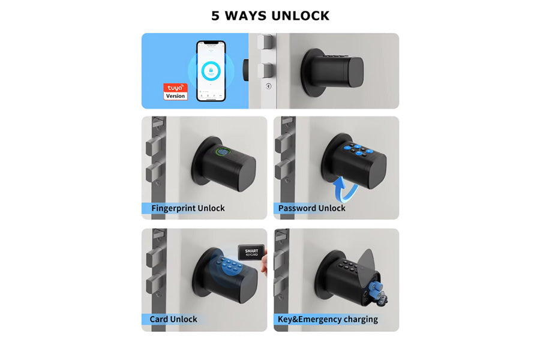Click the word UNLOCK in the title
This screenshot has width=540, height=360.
(x=301, y=16)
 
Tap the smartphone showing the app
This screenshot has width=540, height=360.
(x=211, y=71)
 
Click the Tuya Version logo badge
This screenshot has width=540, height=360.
(x=176, y=91)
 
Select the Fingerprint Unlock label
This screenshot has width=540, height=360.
(x=188, y=208)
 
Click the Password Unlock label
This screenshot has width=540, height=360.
(x=311, y=208)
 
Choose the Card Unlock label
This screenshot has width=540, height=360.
(x=174, y=319)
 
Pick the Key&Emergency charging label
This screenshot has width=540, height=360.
(x=328, y=319)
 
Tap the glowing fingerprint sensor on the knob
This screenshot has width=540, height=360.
(x=223, y=154)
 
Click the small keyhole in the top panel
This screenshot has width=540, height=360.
(x=268, y=86)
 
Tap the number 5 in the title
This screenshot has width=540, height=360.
(x=216, y=16)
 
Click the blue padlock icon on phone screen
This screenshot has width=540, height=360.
(x=211, y=70)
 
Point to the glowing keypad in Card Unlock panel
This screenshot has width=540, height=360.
(x=230, y=265)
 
